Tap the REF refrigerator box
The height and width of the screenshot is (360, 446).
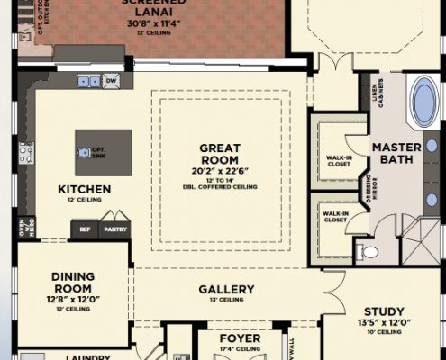(84, 229)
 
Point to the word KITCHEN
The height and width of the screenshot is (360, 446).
(84, 190)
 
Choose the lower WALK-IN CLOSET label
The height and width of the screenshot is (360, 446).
(335, 216)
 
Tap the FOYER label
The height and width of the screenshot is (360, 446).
(240, 339)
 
